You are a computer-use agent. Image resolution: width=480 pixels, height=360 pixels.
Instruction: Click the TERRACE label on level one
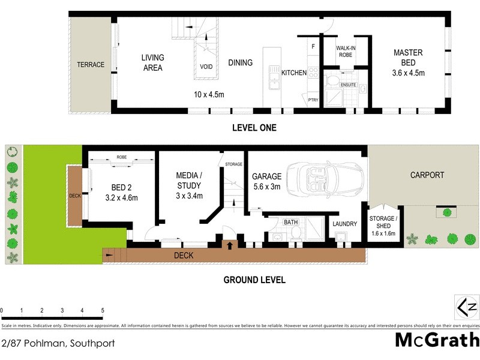(x=90, y=65)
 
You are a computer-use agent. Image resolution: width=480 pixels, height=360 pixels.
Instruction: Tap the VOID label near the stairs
(x=206, y=67)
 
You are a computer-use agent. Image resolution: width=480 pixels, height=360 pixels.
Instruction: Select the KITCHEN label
(x=294, y=73)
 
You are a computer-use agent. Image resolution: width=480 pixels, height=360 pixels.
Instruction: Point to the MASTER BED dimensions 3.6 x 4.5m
(x=408, y=73)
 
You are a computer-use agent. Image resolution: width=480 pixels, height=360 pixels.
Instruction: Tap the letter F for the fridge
(x=313, y=46)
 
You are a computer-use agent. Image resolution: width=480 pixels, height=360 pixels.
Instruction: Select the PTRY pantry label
(x=313, y=100)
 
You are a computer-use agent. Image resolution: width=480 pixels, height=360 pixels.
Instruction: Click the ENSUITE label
(x=348, y=85)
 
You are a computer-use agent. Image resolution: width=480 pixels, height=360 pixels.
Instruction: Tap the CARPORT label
(x=427, y=175)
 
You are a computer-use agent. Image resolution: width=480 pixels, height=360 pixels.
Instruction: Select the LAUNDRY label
(x=344, y=224)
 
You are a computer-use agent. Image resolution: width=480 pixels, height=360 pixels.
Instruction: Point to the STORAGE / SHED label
(x=382, y=226)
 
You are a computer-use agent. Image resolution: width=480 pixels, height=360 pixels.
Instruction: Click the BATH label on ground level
(x=291, y=222)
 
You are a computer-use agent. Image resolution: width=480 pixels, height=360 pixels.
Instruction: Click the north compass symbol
(x=466, y=307)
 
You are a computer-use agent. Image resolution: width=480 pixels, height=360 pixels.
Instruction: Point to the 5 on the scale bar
(x=103, y=310)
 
